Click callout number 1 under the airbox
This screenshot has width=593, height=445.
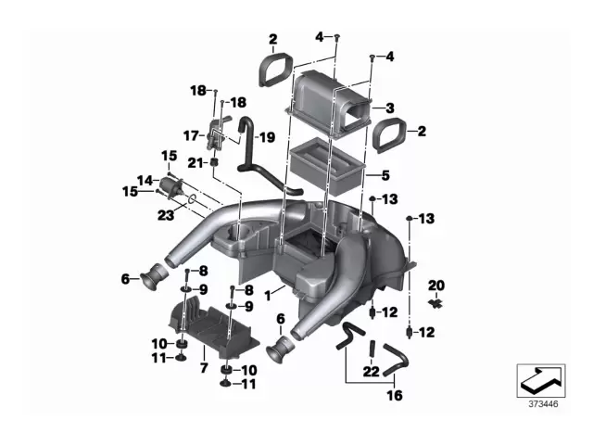pyautogui.click(x=269, y=295)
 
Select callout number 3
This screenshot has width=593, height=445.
pyautogui.click(x=390, y=108)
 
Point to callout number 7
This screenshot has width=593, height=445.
pyautogui.click(x=203, y=368)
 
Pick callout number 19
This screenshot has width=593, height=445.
pyautogui.click(x=267, y=137)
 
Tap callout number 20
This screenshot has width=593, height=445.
pyautogui.click(x=436, y=285)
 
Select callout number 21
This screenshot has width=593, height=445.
pyautogui.click(x=194, y=163)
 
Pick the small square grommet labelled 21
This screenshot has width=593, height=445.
pyautogui.click(x=215, y=163)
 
